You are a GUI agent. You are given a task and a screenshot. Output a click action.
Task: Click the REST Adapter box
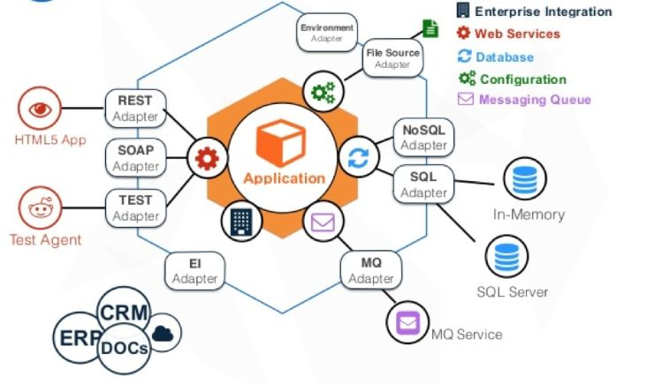[x=136, y=108]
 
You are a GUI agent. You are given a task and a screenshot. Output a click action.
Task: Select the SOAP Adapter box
[x=135, y=157]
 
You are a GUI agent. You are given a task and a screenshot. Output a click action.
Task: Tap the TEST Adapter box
[x=135, y=207]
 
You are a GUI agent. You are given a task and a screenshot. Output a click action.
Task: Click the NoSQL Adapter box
[x=423, y=137]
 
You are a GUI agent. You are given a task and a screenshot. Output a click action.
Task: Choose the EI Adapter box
[x=194, y=271]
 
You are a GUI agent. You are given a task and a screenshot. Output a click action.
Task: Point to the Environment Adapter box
[x=326, y=33]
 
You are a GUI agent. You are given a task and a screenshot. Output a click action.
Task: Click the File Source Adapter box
[x=392, y=59]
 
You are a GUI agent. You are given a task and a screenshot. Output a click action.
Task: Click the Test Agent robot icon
[x=42, y=208]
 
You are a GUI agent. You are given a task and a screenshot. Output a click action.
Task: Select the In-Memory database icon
[x=526, y=179]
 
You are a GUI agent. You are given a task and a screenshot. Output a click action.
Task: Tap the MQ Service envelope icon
[x=407, y=323]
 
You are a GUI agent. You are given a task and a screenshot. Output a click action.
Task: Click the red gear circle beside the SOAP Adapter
[x=207, y=159]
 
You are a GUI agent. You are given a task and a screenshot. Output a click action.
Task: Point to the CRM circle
[x=125, y=312]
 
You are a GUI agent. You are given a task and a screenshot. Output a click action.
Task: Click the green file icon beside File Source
[x=430, y=28]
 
